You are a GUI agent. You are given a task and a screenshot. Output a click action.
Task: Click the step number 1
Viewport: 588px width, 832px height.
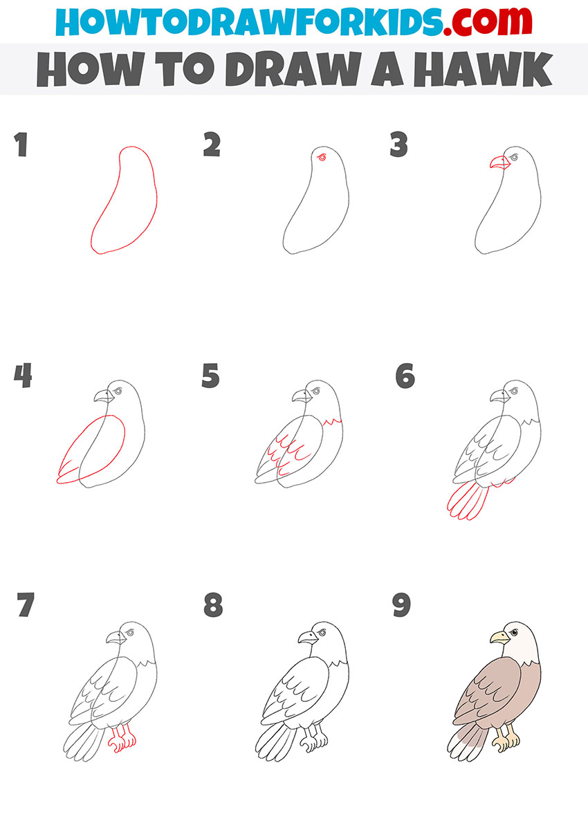click(x=21, y=145)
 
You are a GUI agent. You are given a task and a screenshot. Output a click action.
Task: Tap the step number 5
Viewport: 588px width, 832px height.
click(x=210, y=376)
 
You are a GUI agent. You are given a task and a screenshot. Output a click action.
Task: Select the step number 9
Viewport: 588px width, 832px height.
click(x=401, y=605)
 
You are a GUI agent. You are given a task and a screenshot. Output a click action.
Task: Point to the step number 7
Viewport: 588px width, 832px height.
click(x=26, y=604)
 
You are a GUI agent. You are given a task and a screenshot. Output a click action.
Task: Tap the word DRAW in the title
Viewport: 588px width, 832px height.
click(x=293, y=69)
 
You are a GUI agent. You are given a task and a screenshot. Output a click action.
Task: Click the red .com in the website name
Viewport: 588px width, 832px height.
click(x=487, y=21)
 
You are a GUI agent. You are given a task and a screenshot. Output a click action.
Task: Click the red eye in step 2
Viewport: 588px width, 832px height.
click(x=322, y=158)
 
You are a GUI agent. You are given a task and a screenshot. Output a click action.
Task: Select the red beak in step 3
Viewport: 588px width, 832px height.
click(x=499, y=163)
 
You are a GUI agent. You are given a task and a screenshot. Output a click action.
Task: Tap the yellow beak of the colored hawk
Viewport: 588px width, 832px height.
click(x=499, y=638)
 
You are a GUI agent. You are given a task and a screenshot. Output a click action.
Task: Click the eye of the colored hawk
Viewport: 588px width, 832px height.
click(x=514, y=632)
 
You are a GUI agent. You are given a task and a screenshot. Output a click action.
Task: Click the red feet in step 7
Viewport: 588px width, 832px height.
click(x=122, y=740)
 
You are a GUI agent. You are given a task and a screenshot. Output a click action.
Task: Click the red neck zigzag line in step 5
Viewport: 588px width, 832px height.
click(x=333, y=422)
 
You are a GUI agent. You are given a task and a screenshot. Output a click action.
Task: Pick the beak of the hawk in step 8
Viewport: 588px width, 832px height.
click(x=308, y=638)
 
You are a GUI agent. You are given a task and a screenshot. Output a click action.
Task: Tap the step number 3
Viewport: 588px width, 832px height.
click(x=398, y=145)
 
